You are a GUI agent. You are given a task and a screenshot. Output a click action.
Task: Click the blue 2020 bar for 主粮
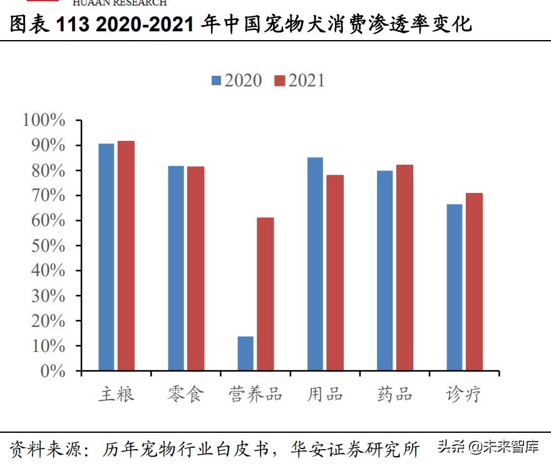(x=106, y=257)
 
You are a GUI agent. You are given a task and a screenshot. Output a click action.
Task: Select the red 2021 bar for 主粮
(x=126, y=256)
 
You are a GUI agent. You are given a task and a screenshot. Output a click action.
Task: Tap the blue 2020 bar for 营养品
(x=245, y=353)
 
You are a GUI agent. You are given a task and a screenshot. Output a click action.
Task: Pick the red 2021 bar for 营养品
(x=265, y=294)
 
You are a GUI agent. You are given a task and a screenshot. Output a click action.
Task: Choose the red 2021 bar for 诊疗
(x=474, y=282)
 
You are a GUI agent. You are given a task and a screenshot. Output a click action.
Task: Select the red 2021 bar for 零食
(x=195, y=269)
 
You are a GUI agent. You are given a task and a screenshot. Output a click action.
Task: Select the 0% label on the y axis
(x=53, y=371)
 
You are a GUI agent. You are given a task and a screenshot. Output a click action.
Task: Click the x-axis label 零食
(x=186, y=395)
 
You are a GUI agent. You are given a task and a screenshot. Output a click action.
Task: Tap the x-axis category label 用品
(x=325, y=395)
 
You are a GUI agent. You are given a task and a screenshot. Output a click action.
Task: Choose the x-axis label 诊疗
(x=464, y=395)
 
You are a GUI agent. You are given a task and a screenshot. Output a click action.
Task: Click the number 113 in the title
(x=75, y=24)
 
